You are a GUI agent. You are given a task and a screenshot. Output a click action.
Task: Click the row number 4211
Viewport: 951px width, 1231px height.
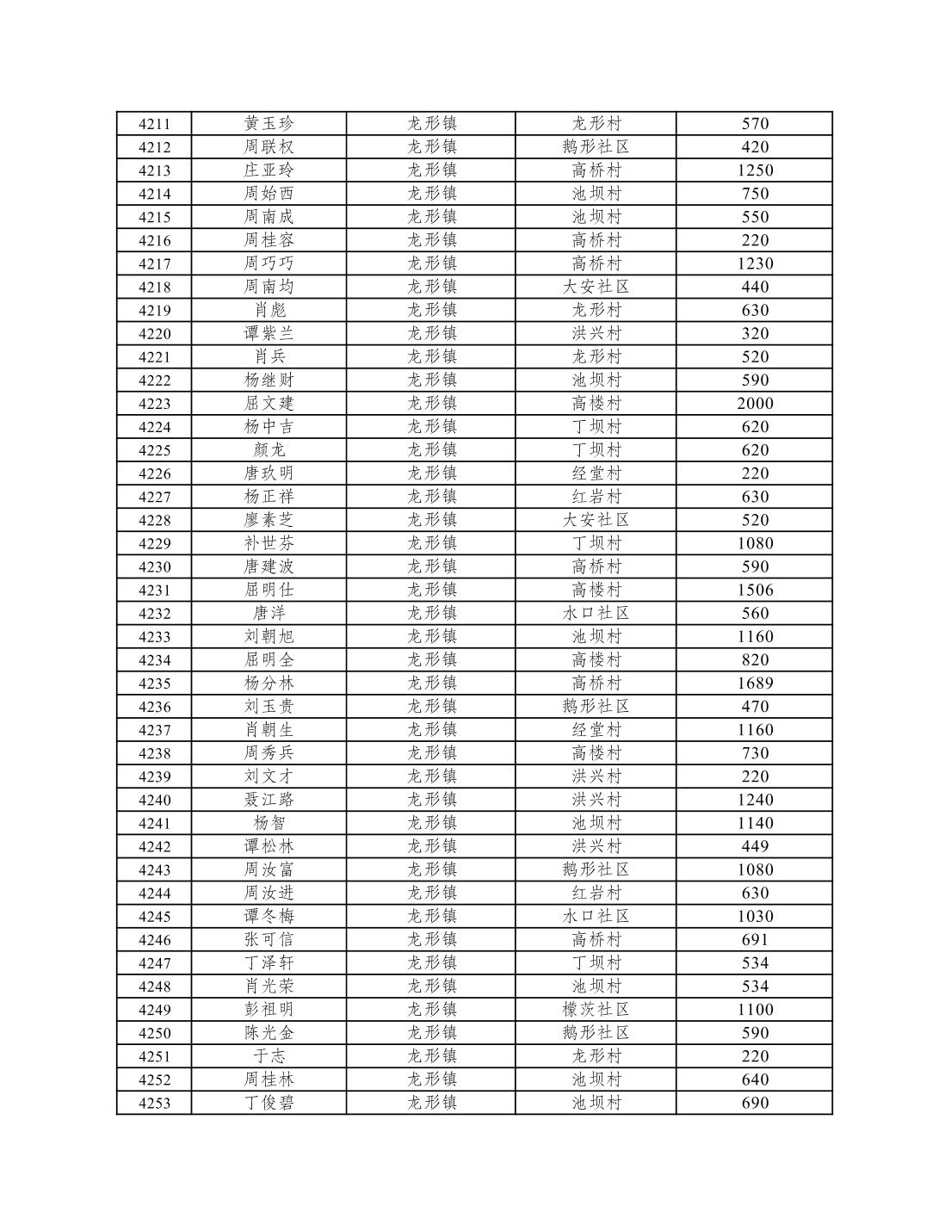(x=154, y=124)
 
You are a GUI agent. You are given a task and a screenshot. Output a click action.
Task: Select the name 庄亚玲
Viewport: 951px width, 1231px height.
(x=269, y=170)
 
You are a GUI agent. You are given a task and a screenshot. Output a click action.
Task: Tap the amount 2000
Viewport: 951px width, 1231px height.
(x=755, y=404)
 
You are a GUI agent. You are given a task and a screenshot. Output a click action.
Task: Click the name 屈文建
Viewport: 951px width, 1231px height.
(x=269, y=404)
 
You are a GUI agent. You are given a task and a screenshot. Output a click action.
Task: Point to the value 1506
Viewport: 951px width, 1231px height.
(x=755, y=591)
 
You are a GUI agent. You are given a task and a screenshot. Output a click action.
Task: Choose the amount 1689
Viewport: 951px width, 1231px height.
(x=755, y=684)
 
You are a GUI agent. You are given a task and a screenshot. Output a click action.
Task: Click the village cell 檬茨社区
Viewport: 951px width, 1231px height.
(x=596, y=1010)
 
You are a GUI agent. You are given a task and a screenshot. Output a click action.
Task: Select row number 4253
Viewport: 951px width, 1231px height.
(x=154, y=1104)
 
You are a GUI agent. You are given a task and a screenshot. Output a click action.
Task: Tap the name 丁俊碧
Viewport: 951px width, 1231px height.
(x=269, y=1103)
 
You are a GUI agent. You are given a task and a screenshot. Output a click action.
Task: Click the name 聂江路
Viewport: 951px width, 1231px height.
(x=269, y=800)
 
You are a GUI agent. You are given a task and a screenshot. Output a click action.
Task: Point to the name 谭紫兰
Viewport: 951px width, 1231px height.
(x=269, y=334)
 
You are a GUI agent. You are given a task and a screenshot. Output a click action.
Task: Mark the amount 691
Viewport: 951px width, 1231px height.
(x=755, y=940)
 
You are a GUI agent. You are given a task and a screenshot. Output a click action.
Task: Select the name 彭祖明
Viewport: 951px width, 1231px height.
(x=269, y=1010)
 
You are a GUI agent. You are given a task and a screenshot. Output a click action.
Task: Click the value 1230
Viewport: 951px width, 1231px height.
(x=755, y=264)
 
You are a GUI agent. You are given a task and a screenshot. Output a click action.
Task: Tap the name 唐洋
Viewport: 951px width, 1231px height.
(x=269, y=614)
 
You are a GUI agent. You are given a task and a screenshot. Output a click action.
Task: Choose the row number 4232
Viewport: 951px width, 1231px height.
(x=154, y=614)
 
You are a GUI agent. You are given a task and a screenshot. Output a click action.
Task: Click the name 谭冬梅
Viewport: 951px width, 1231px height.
(x=269, y=917)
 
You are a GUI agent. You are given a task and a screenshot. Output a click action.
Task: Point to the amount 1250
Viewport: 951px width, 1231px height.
(x=755, y=170)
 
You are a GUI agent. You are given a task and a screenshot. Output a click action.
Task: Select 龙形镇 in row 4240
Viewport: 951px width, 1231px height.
(x=431, y=800)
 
